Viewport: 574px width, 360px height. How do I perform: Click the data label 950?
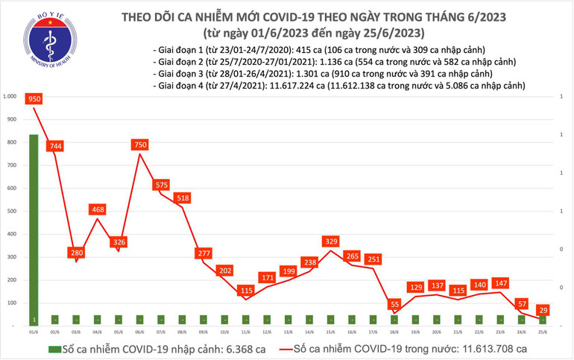click(33, 98)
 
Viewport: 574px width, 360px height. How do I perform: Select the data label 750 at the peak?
click(139, 145)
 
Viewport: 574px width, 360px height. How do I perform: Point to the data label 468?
click(97, 210)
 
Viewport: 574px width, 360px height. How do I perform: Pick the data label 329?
click(331, 241)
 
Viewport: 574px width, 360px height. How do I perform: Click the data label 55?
click(394, 305)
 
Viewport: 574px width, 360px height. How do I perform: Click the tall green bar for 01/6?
click(34, 224)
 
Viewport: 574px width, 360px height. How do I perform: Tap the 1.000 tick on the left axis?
click(10, 96)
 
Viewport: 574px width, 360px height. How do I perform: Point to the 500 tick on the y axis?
click(12, 211)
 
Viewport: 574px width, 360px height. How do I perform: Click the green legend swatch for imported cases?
click(54, 348)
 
